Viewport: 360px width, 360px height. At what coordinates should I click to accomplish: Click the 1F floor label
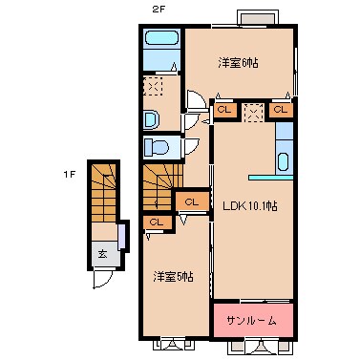(69, 174)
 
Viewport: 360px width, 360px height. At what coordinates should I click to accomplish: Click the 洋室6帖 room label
(239, 63)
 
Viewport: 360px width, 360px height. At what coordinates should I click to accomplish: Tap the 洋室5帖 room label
(176, 276)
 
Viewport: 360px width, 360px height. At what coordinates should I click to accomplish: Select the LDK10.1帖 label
(250, 204)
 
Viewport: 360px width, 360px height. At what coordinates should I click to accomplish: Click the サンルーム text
(253, 318)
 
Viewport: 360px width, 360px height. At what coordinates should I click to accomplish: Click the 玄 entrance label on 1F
(102, 253)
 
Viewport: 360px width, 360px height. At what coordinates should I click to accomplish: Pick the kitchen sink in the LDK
(283, 159)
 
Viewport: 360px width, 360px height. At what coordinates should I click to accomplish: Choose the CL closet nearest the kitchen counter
(280, 111)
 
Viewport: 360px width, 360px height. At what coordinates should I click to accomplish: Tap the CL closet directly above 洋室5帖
(156, 222)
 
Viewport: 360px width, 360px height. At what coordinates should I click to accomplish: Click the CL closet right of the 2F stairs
(191, 201)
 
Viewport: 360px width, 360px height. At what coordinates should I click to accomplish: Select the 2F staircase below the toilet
(159, 185)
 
